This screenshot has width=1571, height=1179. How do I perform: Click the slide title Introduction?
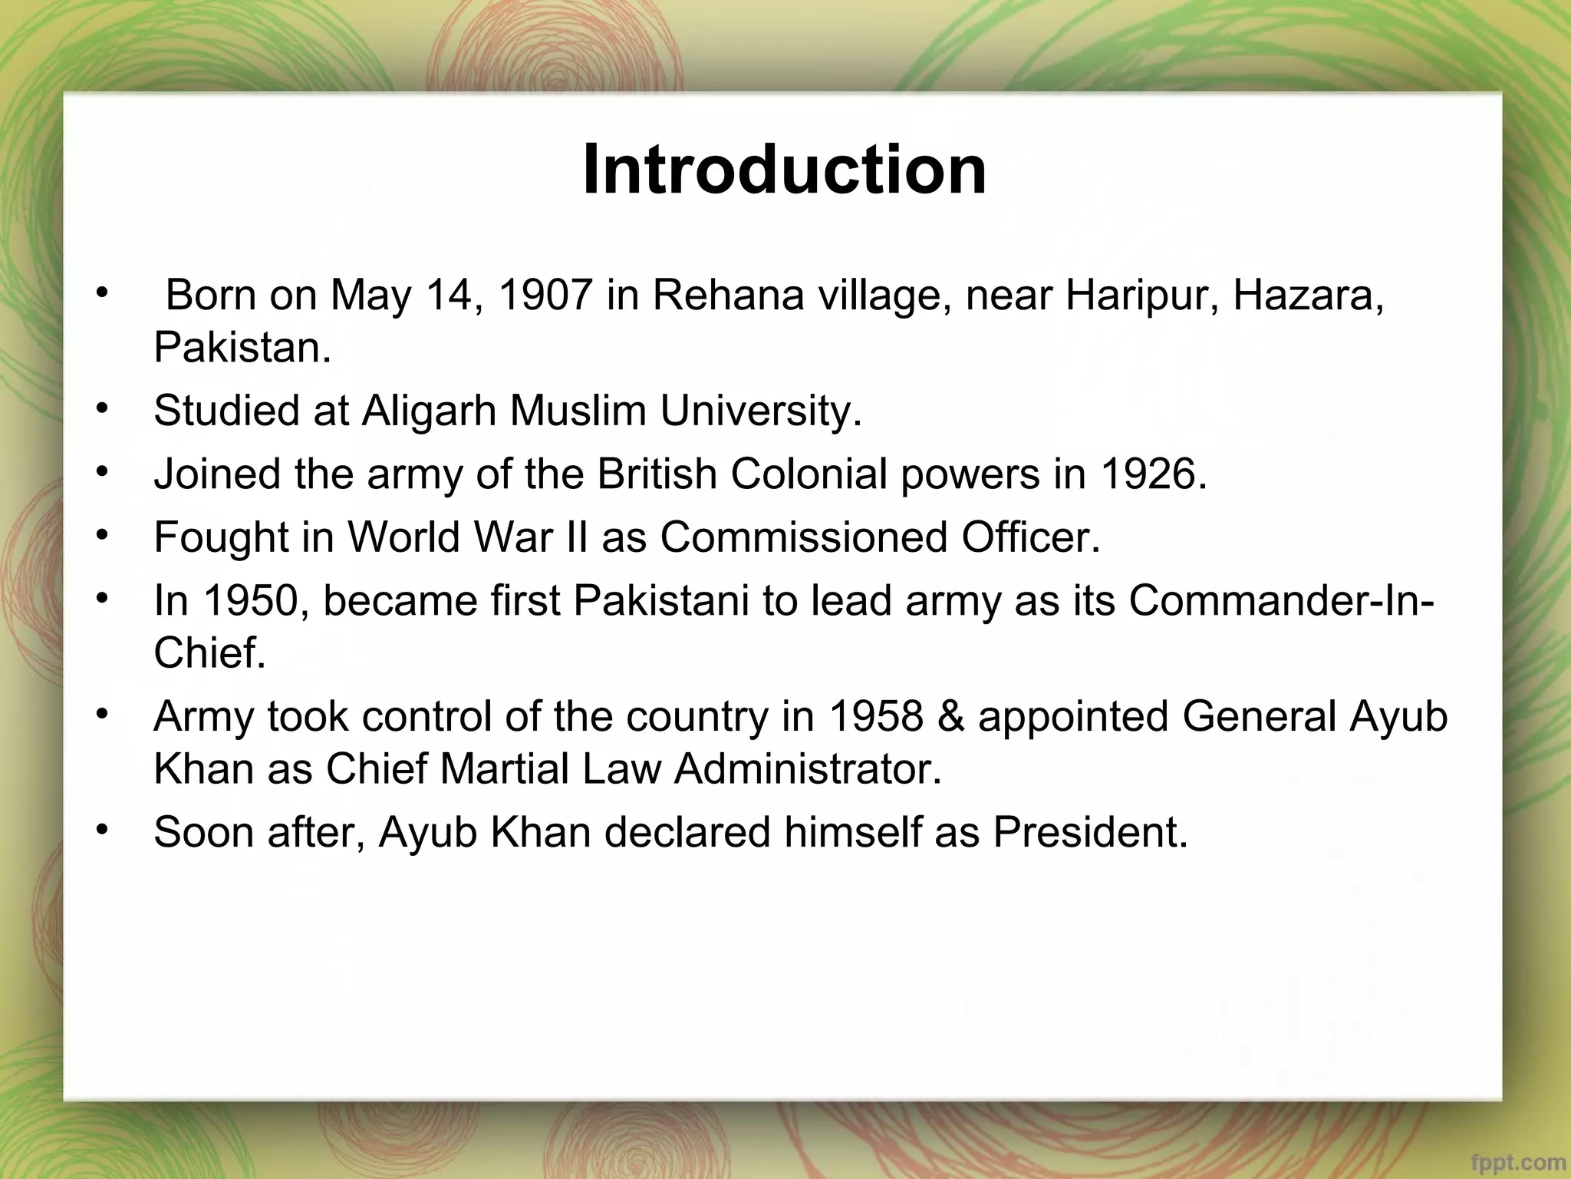pyautogui.click(x=784, y=170)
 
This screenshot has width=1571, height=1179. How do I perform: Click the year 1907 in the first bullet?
pyautogui.click(x=545, y=295)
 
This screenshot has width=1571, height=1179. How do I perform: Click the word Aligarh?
pyautogui.click(x=430, y=411)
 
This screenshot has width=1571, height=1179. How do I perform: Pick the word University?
pyautogui.click(x=761, y=411)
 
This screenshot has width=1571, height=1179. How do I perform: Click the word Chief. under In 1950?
pyautogui.click(x=209, y=653)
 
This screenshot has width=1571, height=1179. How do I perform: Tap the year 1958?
pyautogui.click(x=875, y=716)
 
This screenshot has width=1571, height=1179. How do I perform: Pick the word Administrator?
pyautogui.click(x=808, y=769)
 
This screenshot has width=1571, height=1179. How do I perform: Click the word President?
pyautogui.click(x=1090, y=832)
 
